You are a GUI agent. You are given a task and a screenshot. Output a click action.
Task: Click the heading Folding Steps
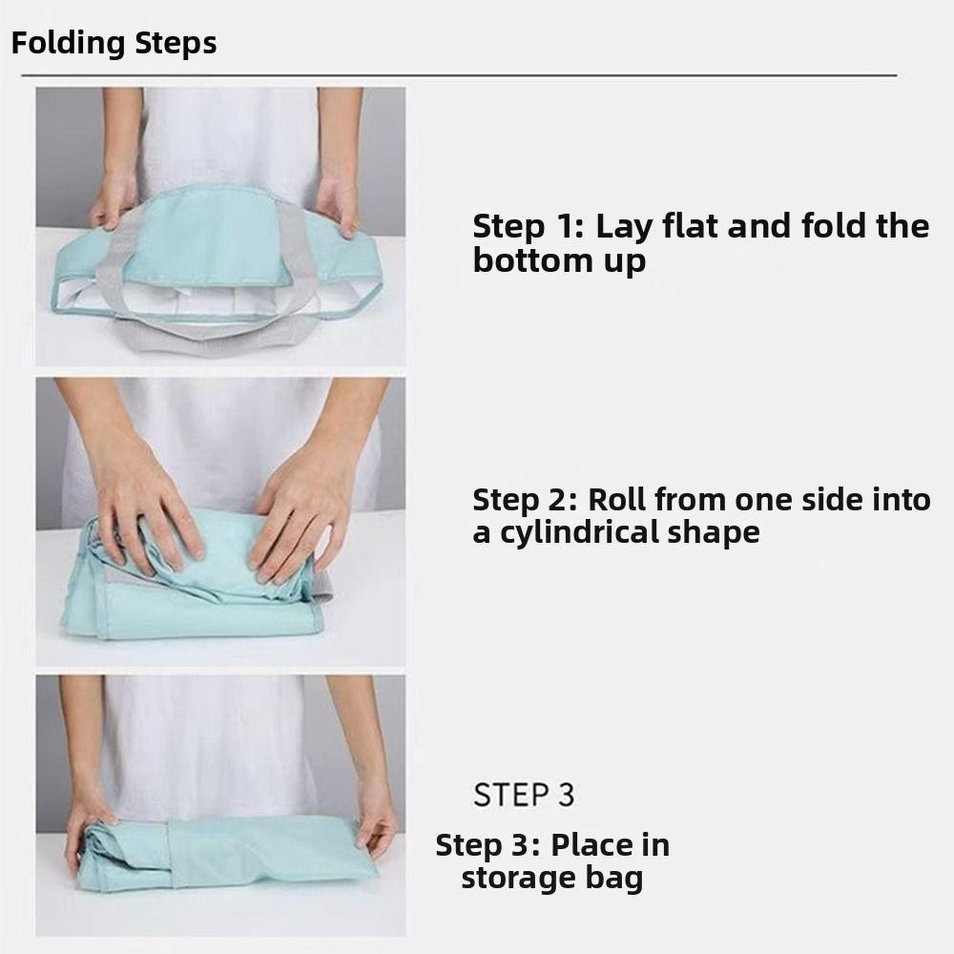pyautogui.click(x=114, y=44)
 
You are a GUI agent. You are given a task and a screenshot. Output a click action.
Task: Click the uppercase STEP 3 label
pyautogui.click(x=524, y=795)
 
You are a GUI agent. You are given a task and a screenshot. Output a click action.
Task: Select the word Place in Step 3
pyautogui.click(x=611, y=845)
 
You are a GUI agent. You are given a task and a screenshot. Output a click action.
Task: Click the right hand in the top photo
pyautogui.click(x=338, y=202)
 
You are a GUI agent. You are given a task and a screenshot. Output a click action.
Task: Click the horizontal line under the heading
pyautogui.click(x=458, y=74)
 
